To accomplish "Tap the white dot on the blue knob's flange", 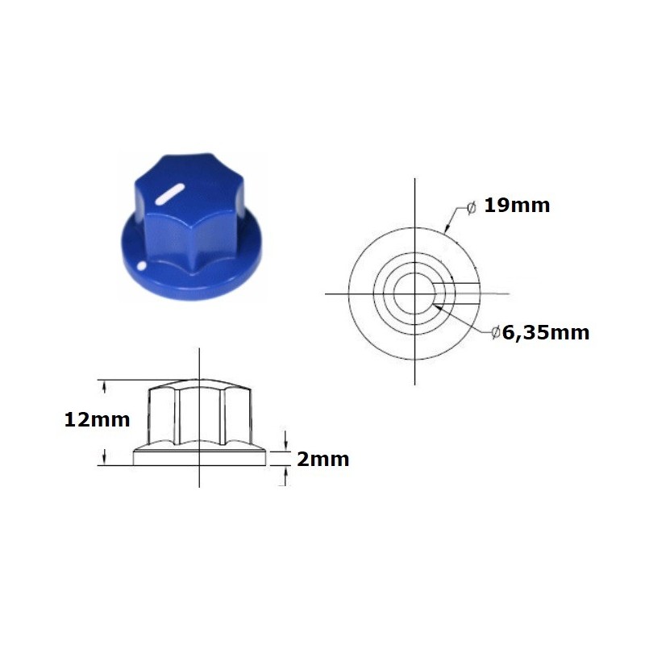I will point(143,264).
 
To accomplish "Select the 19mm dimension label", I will point(517,206).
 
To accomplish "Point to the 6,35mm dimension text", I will point(546,332).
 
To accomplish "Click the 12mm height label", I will point(97,419).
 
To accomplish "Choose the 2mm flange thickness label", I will point(322,460).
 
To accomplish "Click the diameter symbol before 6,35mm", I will point(496,332).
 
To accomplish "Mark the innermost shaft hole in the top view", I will point(416,293).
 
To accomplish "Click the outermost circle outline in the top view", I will point(350,293).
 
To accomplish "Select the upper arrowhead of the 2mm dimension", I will point(286,446).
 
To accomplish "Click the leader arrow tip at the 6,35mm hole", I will point(435,306).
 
